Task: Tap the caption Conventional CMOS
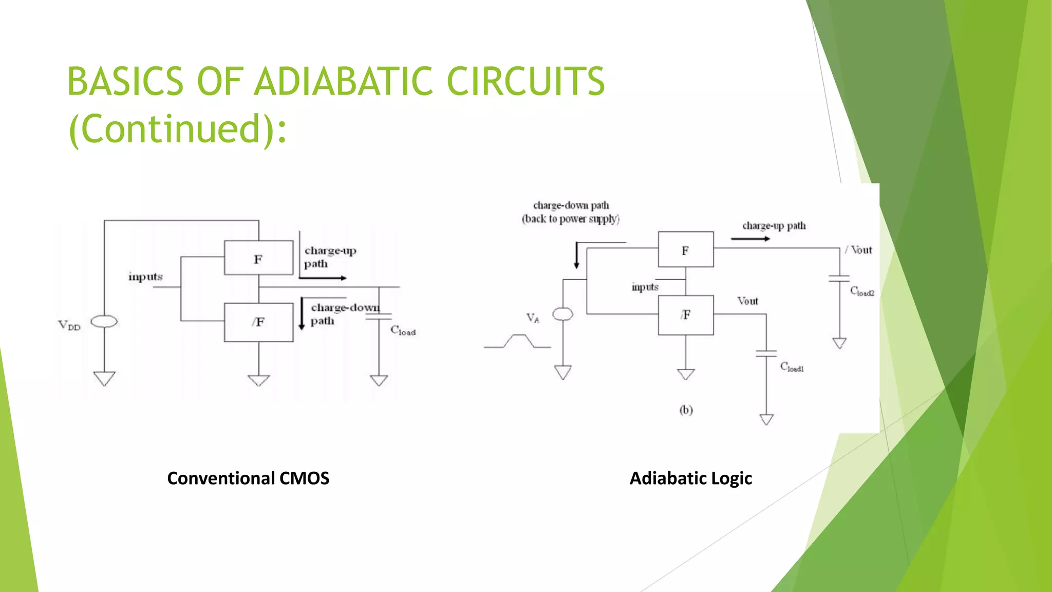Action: [248, 478]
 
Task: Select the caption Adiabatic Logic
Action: [691, 478]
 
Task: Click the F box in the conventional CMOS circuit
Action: [258, 258]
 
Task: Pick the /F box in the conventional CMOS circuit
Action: [258, 322]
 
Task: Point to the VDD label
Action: [69, 325]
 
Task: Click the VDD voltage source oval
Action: [104, 322]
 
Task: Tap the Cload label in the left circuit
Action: [403, 330]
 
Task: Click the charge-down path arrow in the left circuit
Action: [302, 313]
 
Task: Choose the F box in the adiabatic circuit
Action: [686, 250]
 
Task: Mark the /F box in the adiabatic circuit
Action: [686, 315]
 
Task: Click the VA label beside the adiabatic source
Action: [533, 318]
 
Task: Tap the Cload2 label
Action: [862, 291]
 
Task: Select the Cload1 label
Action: [792, 367]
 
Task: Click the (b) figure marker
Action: [686, 410]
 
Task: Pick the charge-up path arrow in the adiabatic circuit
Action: [750, 239]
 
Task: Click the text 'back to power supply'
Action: [571, 219]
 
